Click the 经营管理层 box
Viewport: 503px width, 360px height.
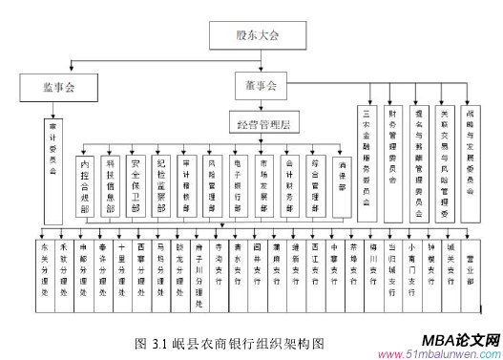pos(264,123)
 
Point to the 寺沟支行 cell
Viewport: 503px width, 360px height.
pos(220,259)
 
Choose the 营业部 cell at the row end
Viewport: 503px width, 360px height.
pos(469,258)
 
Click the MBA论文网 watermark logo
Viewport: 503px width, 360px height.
pos(445,341)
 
